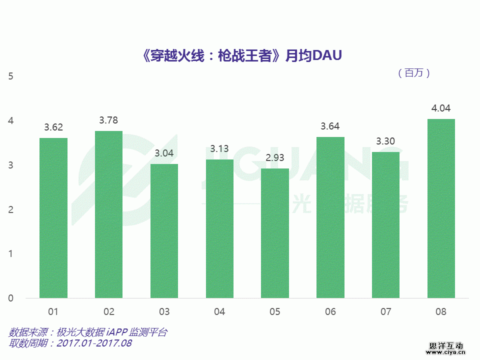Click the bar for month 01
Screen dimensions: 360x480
click(x=53, y=218)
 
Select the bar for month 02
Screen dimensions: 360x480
click(x=108, y=214)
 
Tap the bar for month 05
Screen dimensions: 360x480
click(x=274, y=233)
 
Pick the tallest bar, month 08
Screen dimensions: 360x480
click(x=441, y=208)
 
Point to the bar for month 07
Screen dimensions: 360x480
click(x=385, y=225)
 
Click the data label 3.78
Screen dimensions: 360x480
click(x=108, y=120)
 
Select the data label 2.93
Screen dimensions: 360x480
click(x=274, y=157)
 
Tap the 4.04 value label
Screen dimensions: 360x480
click(x=441, y=108)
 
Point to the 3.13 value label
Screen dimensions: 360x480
click(x=219, y=148)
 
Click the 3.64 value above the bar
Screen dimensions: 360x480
click(x=330, y=126)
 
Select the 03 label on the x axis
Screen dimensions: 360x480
click(x=164, y=312)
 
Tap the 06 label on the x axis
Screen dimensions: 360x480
click(x=330, y=312)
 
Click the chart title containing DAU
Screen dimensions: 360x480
click(x=242, y=56)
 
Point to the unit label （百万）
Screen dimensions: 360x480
click(x=413, y=73)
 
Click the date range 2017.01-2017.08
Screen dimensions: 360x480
click(x=94, y=343)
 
